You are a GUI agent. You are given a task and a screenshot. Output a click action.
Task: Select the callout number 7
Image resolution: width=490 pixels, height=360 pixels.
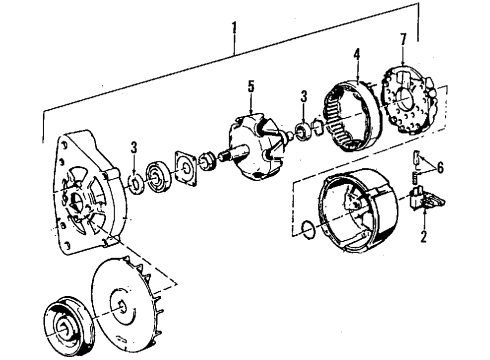coord(403,40)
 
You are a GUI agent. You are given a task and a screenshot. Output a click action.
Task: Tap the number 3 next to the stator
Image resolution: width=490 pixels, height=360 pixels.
coord(303,96)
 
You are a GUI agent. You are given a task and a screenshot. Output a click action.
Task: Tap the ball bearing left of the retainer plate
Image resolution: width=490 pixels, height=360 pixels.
coord(159,179)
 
